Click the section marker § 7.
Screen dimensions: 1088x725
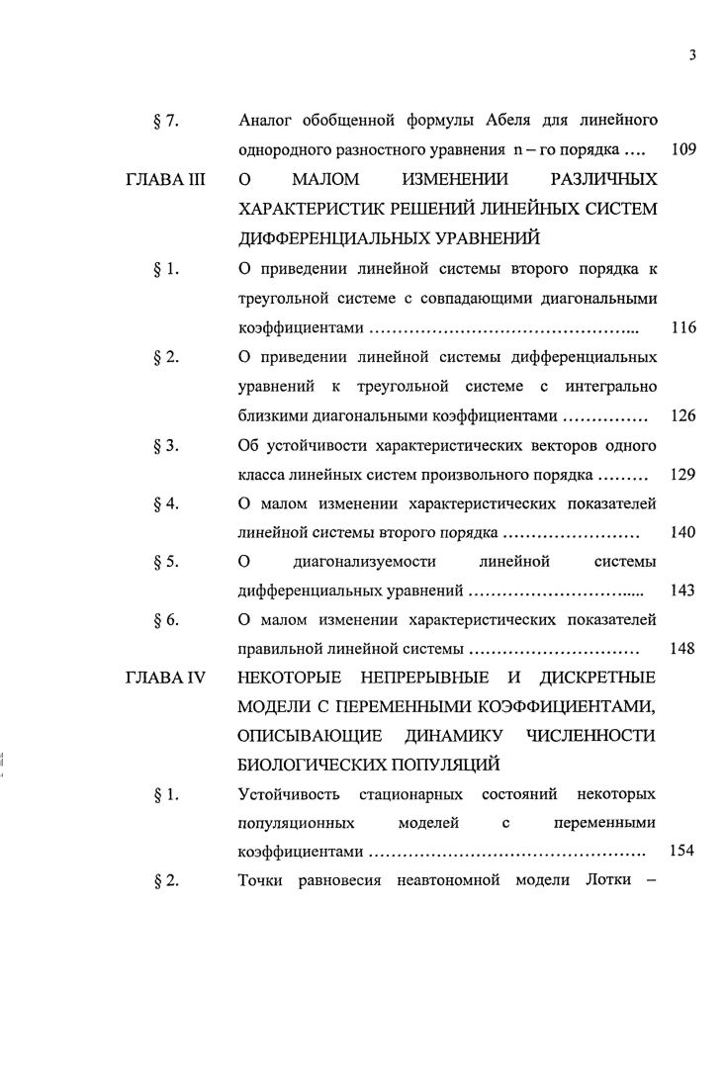pyautogui.click(x=164, y=122)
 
